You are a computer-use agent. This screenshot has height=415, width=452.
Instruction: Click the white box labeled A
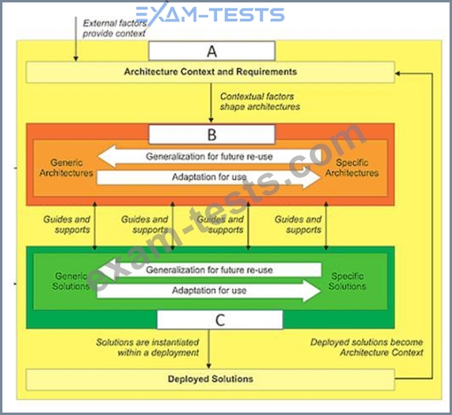point(212,51)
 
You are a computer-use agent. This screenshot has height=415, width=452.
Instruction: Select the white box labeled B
point(212,135)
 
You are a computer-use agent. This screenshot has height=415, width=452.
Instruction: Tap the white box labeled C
point(220,320)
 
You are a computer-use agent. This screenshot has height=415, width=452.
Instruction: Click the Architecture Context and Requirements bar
point(210,72)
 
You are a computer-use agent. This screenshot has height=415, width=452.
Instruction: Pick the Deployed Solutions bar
point(210,380)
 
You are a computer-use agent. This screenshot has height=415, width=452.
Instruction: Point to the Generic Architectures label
point(66,168)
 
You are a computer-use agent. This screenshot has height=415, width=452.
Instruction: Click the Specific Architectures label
point(351,168)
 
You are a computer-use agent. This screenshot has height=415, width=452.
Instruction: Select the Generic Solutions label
point(71,281)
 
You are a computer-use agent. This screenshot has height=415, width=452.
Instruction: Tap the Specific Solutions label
point(347,281)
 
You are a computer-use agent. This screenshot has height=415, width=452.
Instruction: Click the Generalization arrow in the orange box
point(209,157)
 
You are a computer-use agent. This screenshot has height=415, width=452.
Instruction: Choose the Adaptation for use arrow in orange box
point(209,176)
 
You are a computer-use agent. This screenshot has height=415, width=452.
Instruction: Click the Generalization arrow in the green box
point(209,270)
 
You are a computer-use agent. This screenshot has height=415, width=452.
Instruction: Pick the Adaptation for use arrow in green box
point(209,291)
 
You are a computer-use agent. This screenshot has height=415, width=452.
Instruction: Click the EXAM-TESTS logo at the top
point(210,13)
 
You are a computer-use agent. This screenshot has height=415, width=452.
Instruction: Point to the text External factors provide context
point(115,28)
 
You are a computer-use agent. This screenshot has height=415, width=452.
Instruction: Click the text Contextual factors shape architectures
point(260,102)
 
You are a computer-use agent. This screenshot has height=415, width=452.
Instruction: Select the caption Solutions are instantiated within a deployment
point(148,347)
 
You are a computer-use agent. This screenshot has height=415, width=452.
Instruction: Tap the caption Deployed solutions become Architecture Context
point(366,347)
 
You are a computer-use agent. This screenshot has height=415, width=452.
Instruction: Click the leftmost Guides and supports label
point(67,224)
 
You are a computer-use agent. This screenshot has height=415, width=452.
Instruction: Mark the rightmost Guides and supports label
point(298,224)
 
